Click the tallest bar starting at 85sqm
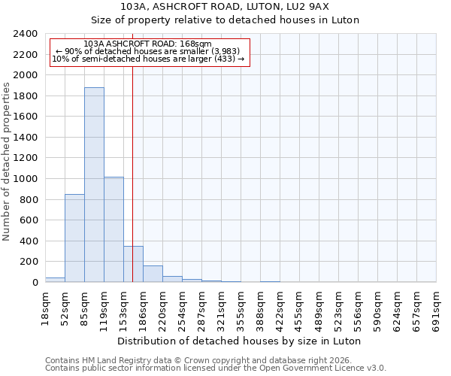94,185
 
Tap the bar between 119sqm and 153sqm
114,229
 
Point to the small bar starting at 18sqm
55,280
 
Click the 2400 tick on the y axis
26,34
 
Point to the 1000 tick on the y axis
26,179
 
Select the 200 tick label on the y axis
29,262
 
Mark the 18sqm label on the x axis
45,306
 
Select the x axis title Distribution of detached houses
241,341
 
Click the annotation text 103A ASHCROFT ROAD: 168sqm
148,44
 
